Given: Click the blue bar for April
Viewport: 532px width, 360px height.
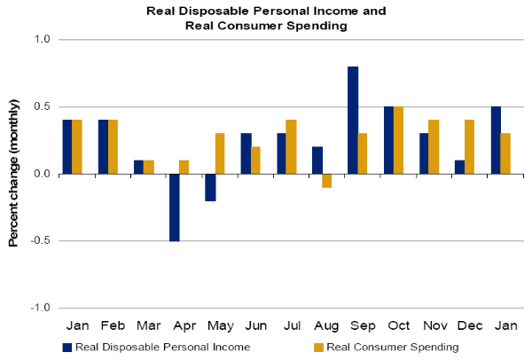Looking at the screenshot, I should (175, 207).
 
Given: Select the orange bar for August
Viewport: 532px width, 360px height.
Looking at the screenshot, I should (327, 181).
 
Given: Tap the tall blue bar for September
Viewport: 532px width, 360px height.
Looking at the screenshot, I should (353, 121).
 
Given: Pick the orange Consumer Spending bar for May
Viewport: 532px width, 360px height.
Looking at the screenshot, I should (220, 153).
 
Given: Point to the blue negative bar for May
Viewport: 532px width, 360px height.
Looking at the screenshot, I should (210, 187).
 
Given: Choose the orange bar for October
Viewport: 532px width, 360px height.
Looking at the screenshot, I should (398, 140).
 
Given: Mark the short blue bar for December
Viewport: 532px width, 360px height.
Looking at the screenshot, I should (459, 167).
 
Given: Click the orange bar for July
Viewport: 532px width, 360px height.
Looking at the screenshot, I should (292, 147).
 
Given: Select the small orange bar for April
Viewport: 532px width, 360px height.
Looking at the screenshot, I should (184, 167).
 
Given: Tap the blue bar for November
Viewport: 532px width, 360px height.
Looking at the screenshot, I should (424, 153).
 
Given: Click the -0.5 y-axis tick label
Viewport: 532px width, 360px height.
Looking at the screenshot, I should (42, 241).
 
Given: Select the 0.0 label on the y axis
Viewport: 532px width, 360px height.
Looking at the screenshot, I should (43, 174).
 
